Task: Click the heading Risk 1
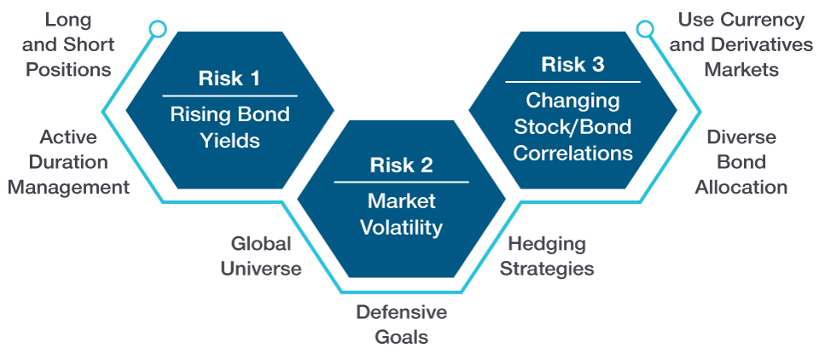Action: [x=229, y=79]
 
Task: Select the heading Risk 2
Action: [x=401, y=165]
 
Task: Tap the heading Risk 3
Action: [x=572, y=65]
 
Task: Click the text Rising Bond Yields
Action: [x=229, y=126]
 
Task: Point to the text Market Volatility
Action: [x=401, y=214]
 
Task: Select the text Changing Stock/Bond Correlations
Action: [x=572, y=126]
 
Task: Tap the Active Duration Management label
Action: [x=68, y=162]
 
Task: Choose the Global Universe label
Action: [x=260, y=256]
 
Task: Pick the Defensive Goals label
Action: [x=401, y=324]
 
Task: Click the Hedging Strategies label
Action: [x=546, y=256]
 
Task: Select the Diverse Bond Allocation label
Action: [x=741, y=162]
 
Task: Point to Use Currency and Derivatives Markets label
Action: [x=741, y=44]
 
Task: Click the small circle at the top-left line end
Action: [x=156, y=30]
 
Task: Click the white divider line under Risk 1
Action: [x=229, y=96]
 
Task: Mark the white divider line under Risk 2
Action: [x=401, y=182]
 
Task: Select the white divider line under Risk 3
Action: [x=572, y=82]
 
